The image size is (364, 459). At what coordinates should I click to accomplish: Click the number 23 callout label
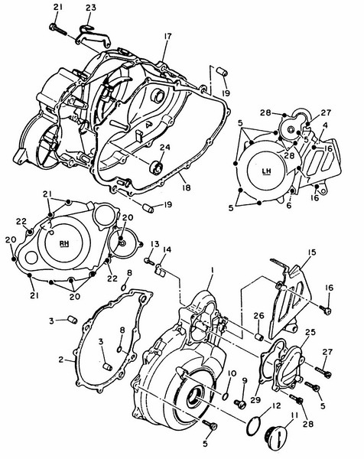[91, 8]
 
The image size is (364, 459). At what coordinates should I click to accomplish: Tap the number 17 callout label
[167, 36]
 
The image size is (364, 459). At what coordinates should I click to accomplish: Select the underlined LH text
[267, 171]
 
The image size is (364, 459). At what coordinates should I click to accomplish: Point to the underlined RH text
[64, 243]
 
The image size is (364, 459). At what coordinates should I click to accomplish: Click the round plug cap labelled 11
[277, 435]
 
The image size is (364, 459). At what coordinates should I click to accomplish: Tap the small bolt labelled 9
[241, 404]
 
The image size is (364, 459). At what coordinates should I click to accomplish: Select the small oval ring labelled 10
[226, 396]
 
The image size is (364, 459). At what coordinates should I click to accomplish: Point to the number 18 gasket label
[186, 187]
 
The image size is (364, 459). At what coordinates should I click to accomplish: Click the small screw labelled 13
[149, 261]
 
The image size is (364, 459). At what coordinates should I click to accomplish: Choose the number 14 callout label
[167, 250]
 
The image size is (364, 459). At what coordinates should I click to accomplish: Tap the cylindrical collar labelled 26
[259, 337]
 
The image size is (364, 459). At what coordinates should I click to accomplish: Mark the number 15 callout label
[313, 252]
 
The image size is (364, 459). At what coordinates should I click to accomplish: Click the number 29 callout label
[255, 399]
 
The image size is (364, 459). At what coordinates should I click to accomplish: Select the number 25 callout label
[310, 333]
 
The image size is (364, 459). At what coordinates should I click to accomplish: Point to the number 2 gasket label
[61, 360]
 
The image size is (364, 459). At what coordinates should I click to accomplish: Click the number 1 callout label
[213, 272]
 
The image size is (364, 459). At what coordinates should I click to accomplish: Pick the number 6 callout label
[289, 206]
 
